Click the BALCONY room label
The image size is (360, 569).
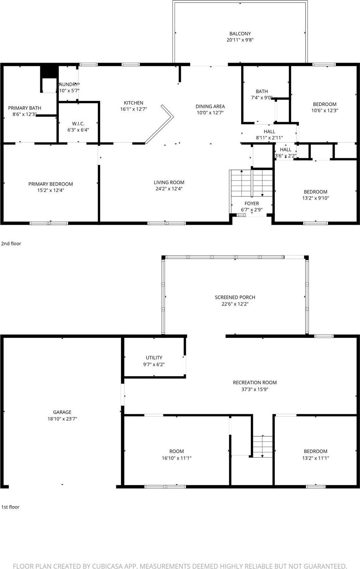coord(240,34)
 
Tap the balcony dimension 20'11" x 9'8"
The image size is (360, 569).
coord(240,40)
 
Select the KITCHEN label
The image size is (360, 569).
coord(133,103)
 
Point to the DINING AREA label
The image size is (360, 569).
coord(210,107)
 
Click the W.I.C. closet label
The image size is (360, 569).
coord(78,124)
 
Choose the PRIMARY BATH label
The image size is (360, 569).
coord(25,108)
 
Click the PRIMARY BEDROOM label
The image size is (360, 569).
coord(50,184)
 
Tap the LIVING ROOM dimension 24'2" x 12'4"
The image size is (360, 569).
coord(169,189)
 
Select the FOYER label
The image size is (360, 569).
coord(252,204)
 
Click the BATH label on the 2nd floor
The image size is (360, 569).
coord(262,92)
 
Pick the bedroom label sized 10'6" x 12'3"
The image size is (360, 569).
coord(324,104)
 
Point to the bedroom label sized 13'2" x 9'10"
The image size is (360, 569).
coord(315,192)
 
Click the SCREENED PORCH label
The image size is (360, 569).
coord(235,298)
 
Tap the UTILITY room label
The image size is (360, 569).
coord(154,358)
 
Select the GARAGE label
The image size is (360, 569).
coord(62,412)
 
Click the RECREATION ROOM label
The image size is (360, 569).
coord(255,383)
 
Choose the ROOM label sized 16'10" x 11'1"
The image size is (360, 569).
coord(176,452)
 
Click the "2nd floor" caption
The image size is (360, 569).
coord(11,244)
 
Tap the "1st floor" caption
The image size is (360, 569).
coord(10,507)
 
